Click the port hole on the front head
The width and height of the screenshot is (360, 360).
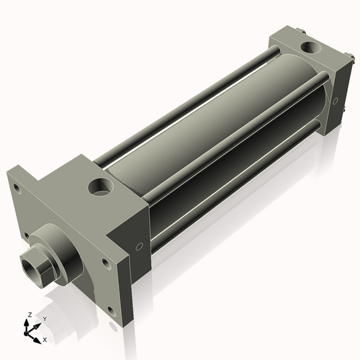click(100, 188)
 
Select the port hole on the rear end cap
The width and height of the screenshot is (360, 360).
click(311, 48)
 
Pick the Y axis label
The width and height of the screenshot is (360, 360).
click(44, 318)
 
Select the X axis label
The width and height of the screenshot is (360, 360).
click(45, 338)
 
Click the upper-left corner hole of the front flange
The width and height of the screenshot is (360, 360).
click(15, 189)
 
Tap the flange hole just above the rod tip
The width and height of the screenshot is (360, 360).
click(27, 235)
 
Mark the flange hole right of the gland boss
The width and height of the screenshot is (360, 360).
click(105, 264)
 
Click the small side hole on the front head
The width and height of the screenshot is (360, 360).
click(139, 246)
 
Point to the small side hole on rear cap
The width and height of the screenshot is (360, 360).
click(335, 101)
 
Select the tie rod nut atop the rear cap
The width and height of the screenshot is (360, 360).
click(307, 32)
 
